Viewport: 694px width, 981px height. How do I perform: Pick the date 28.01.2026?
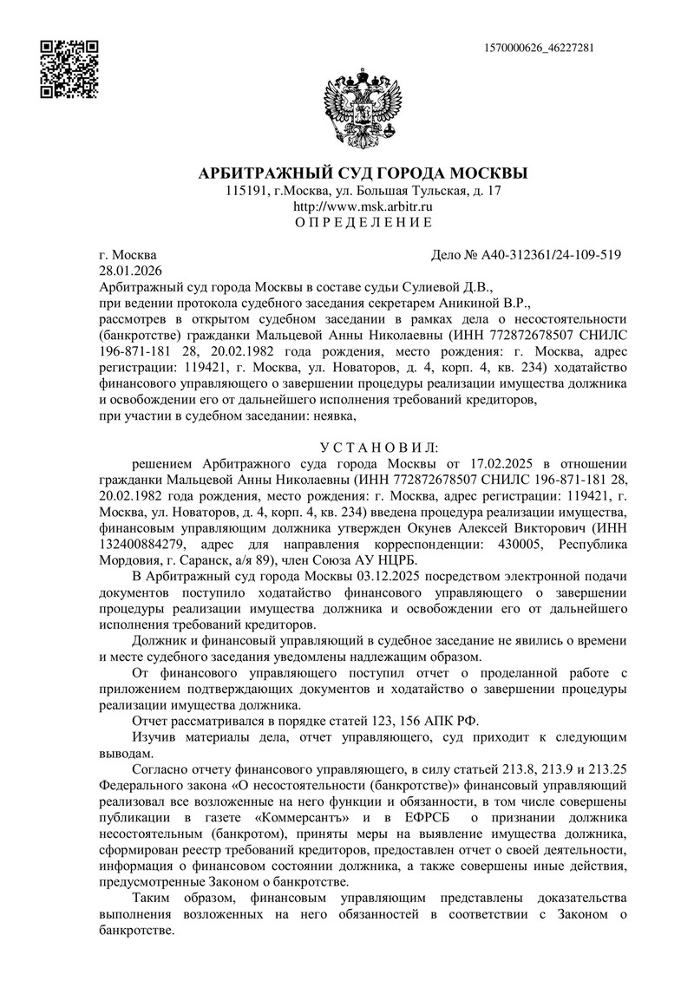[x=126, y=270]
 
